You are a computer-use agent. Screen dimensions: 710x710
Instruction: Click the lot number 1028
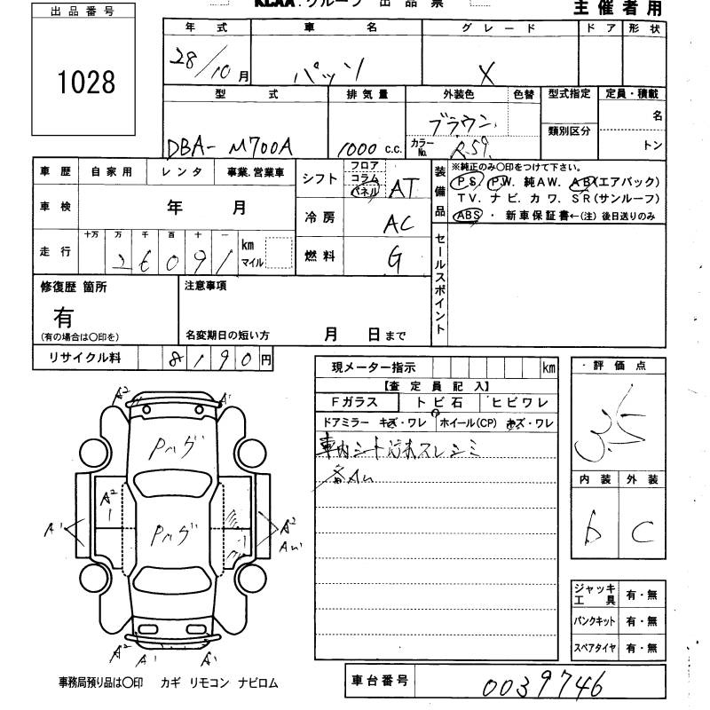pyautogui.click(x=86, y=83)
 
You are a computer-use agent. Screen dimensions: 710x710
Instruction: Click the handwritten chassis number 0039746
pyautogui.click(x=543, y=685)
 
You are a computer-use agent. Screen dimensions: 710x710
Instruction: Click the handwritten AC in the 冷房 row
pyautogui.click(x=398, y=225)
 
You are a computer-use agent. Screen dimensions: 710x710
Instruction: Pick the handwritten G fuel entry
pyautogui.click(x=395, y=259)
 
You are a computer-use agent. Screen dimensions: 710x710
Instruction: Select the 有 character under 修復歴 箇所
pyautogui.click(x=63, y=316)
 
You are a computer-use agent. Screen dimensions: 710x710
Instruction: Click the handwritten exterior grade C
pyautogui.click(x=642, y=532)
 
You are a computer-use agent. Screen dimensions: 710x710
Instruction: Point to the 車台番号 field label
pyautogui.click(x=379, y=681)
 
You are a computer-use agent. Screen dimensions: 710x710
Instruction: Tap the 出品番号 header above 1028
pyautogui.click(x=85, y=12)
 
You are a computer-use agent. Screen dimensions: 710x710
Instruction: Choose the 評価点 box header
pyautogui.click(x=619, y=366)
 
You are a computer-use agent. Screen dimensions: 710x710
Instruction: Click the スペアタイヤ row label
pyautogui.click(x=594, y=648)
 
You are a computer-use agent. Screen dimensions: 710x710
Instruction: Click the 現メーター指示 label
pyautogui.click(x=372, y=367)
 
